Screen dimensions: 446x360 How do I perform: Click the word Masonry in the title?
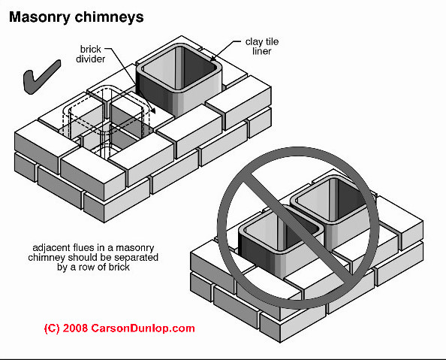click(x=40, y=17)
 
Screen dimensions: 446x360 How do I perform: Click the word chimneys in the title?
click(x=109, y=17)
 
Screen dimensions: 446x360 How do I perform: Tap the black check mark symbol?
click(x=42, y=77)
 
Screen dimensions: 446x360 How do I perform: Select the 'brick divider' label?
click(x=90, y=54)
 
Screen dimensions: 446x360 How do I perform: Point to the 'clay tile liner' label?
click(x=262, y=47)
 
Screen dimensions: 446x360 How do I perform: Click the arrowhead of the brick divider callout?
click(x=153, y=110)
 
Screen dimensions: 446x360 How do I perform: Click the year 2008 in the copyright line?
click(x=75, y=328)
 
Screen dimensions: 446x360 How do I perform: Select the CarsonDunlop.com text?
click(x=143, y=328)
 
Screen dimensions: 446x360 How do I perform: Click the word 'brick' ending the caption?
click(x=119, y=267)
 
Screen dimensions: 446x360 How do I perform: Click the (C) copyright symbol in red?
click(x=52, y=328)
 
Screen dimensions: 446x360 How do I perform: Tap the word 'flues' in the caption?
click(x=84, y=248)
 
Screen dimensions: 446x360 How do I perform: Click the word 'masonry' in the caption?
click(x=135, y=249)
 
